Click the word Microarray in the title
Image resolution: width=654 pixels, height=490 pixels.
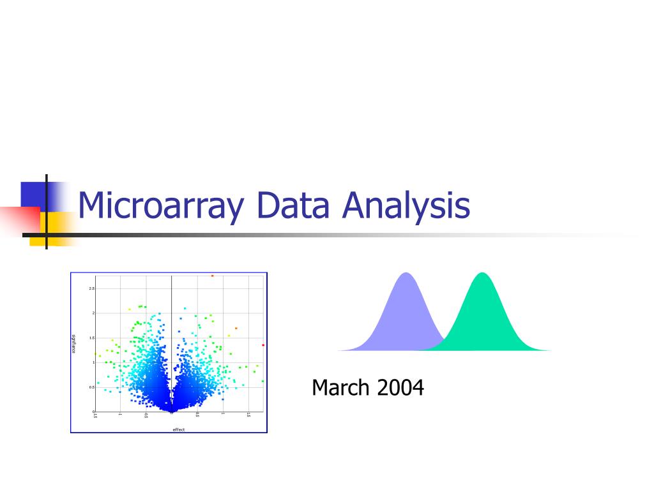click(x=161, y=206)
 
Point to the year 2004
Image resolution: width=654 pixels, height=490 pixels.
click(x=400, y=387)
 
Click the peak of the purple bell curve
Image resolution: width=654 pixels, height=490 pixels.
click(x=406, y=274)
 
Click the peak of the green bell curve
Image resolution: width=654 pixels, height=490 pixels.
click(x=483, y=274)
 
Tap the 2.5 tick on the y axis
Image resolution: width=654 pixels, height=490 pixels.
click(x=91, y=288)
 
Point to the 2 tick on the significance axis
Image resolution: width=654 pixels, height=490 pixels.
click(x=93, y=313)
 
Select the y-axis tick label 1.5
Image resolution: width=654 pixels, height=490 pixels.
click(x=91, y=338)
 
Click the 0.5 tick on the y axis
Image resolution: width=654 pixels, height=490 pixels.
click(x=91, y=387)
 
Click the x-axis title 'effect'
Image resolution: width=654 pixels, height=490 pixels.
click(x=178, y=429)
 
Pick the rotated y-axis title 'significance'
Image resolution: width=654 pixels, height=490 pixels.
click(x=74, y=345)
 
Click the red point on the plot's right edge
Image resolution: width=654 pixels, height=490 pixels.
click(x=263, y=345)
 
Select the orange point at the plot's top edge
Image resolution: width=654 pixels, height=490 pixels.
click(x=212, y=276)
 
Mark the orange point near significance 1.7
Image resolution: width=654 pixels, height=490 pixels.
click(x=236, y=329)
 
